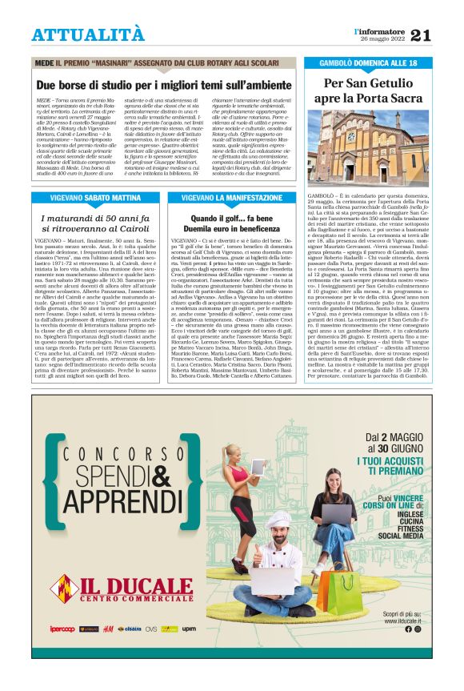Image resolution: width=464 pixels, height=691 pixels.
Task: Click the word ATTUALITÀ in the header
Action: point(88,35)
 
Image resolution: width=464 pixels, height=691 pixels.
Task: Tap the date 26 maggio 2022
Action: point(381,39)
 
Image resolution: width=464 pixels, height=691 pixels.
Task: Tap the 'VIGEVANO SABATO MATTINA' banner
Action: point(97,196)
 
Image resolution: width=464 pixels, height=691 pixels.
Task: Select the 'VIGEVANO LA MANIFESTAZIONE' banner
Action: point(232,196)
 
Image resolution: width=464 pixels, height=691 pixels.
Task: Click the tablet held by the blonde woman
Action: point(258,466)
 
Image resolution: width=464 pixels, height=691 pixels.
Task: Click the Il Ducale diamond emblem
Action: point(63,589)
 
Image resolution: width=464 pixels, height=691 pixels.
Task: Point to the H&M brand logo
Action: point(108,629)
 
